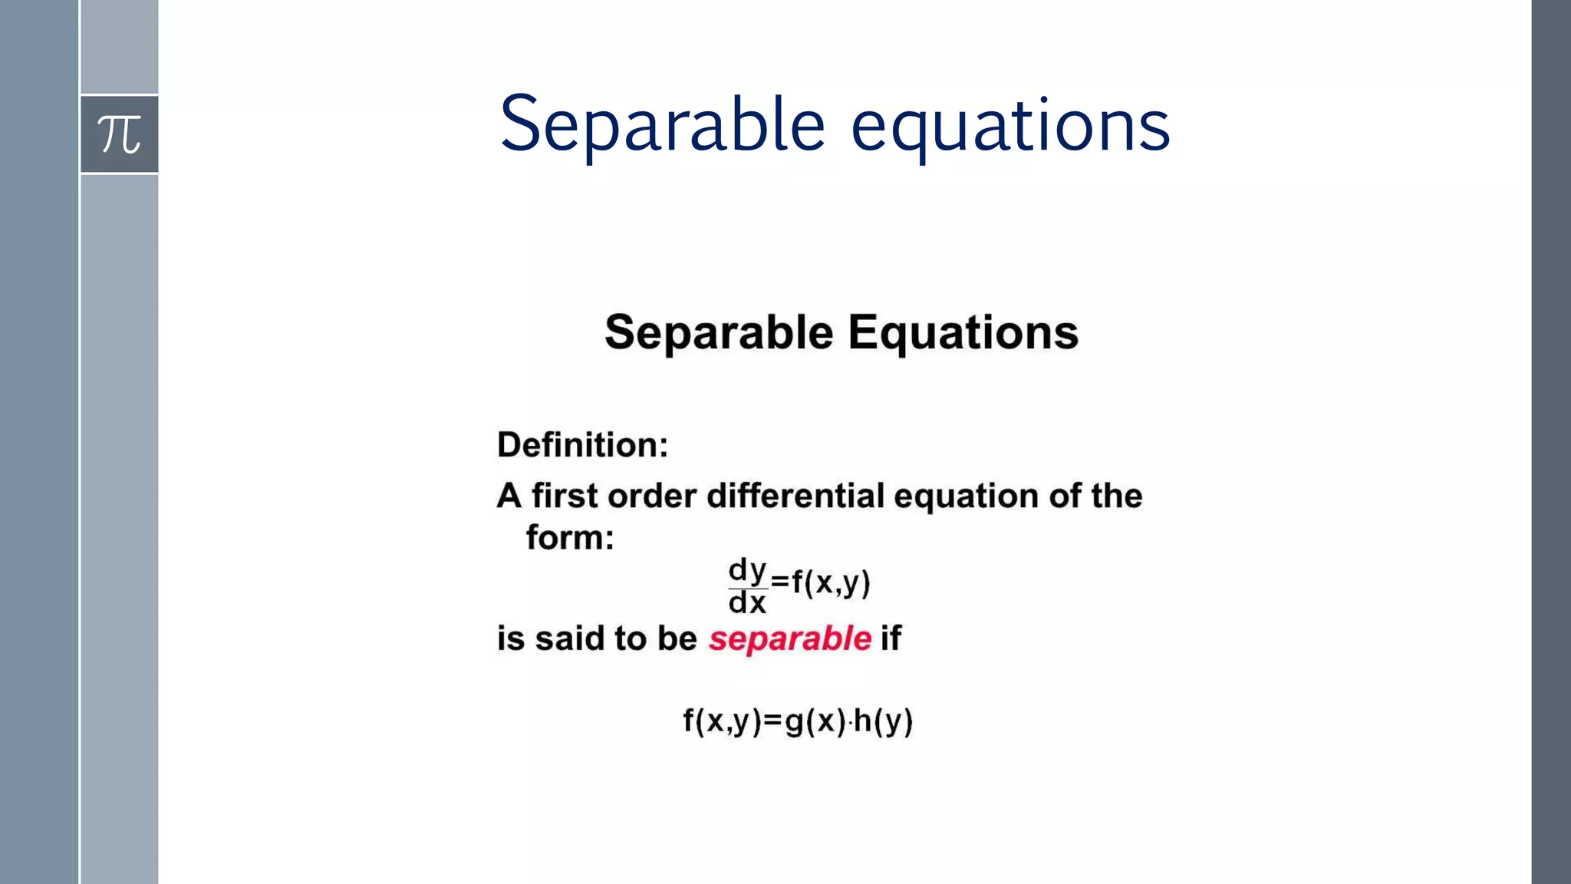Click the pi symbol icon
coord(120,134)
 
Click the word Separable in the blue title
coord(662,125)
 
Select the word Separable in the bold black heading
coord(719,332)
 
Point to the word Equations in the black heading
coord(963,332)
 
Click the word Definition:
coord(583,445)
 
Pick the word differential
coord(795,496)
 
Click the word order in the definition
coord(652,496)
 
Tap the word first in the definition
coord(565,496)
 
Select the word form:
coord(570,537)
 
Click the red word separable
coord(789,638)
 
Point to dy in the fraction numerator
coord(747,570)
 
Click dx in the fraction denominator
coord(747,602)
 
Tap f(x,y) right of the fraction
coord(831,583)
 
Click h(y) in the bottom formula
coord(883,721)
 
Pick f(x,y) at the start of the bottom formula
coord(722,721)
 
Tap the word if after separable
coord(891,638)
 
